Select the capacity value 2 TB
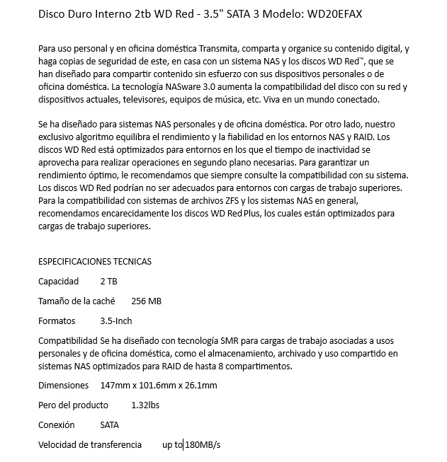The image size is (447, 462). tap(109, 281)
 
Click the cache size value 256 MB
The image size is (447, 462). tap(147, 301)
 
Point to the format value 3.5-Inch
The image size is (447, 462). tap(116, 320)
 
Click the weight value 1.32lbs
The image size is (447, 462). tap(145, 405)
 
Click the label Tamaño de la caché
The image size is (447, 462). tap(77, 301)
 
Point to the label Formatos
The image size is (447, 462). tap(57, 320)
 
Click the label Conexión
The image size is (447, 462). tap(56, 425)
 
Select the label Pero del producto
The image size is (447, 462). tap(73, 405)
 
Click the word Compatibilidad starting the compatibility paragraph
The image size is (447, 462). tap(68, 340)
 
